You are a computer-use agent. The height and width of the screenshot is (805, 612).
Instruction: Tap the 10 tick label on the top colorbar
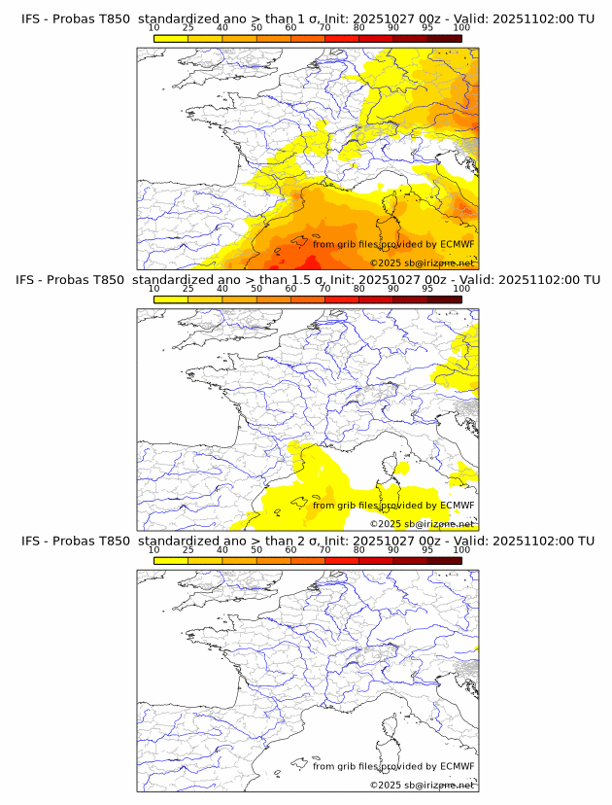pyautogui.click(x=154, y=28)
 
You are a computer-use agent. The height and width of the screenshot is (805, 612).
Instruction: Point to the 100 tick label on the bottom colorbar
pyautogui.click(x=461, y=549)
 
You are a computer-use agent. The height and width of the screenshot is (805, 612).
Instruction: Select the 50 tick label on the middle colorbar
pyautogui.click(x=256, y=289)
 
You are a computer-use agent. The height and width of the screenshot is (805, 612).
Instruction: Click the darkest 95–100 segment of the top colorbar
pyautogui.click(x=444, y=38)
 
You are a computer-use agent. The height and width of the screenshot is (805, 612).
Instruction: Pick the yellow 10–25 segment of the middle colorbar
pyautogui.click(x=171, y=298)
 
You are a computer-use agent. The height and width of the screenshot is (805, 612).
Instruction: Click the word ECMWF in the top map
pyautogui.click(x=458, y=245)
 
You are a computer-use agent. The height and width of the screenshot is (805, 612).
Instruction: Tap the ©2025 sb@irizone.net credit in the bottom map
pyautogui.click(x=422, y=785)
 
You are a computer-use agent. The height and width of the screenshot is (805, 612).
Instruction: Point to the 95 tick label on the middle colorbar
pyautogui.click(x=427, y=289)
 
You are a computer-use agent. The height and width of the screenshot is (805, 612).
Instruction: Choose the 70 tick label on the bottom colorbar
pyautogui.click(x=324, y=549)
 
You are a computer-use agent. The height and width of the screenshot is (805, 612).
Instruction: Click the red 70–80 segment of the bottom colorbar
pyautogui.click(x=341, y=560)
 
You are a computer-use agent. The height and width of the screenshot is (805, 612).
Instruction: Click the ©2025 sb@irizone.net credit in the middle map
pyautogui.click(x=422, y=524)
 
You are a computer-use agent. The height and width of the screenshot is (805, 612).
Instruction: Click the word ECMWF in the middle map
pyautogui.click(x=458, y=506)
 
